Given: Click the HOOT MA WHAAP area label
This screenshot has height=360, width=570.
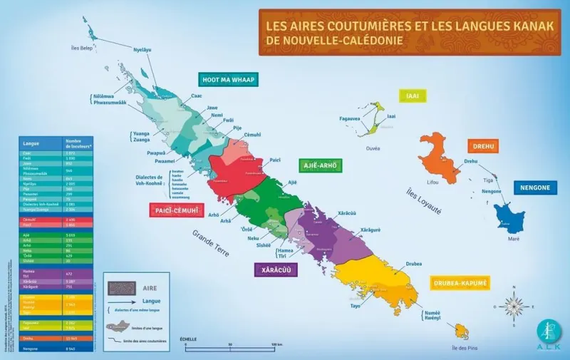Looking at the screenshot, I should (x=228, y=78).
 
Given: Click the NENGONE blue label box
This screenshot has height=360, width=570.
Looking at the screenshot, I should (x=534, y=187).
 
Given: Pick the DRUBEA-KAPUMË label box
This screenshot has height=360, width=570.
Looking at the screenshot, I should (x=460, y=283).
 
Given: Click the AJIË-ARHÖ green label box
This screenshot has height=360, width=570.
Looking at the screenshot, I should (x=321, y=165).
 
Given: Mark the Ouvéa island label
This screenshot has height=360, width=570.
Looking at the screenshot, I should (x=373, y=148).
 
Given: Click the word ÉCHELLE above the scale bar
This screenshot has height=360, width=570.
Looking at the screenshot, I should (x=189, y=339).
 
